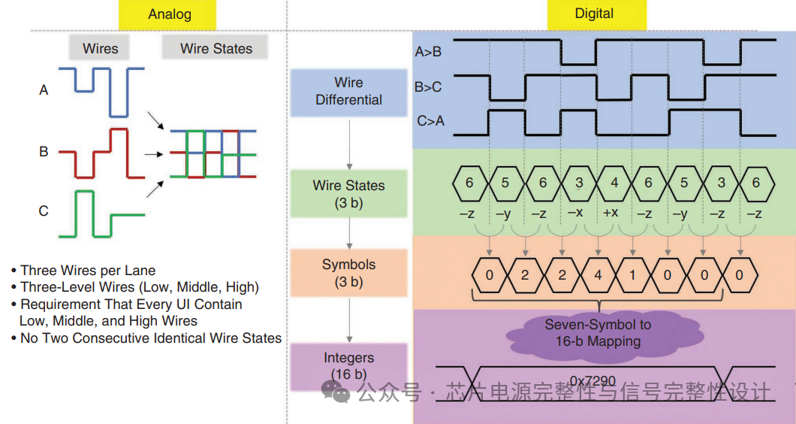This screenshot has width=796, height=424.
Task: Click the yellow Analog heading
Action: click(170, 14)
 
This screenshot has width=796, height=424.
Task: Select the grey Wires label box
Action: click(101, 49)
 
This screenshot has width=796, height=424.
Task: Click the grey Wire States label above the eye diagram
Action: click(216, 49)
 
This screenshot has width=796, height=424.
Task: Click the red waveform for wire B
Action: click(101, 154)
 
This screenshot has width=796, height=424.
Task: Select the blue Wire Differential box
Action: click(348, 92)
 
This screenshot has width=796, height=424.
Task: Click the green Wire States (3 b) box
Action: click(348, 193)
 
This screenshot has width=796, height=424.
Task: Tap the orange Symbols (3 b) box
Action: click(348, 273)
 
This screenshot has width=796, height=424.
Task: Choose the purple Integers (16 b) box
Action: click(348, 365)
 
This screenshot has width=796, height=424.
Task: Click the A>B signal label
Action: click(428, 52)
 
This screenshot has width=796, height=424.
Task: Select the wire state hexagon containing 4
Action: click(614, 183)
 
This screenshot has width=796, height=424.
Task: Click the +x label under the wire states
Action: click(611, 213)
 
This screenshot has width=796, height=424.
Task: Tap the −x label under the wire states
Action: click(575, 213)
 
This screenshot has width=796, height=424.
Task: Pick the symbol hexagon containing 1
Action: click(632, 275)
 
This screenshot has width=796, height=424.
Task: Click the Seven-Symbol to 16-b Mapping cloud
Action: click(598, 333)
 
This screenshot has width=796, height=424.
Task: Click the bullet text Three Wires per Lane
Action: click(88, 271)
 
